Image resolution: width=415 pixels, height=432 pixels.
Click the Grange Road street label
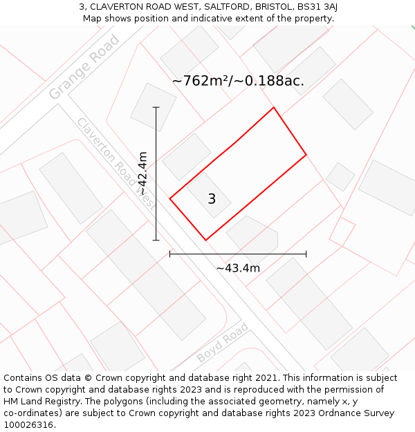pyautogui.click(x=84, y=66)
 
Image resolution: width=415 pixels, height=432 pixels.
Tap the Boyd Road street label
pyautogui.click(x=222, y=343)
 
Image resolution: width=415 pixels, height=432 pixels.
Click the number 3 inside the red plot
pyautogui.click(x=212, y=199)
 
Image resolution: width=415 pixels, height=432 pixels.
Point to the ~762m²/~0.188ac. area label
pyautogui.click(x=238, y=81)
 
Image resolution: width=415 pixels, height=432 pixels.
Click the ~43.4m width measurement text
pyautogui.click(x=238, y=268)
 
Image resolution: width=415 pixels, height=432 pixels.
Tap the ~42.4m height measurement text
pyautogui.click(x=142, y=173)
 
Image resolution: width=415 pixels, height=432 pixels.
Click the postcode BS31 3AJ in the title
pyautogui.click(x=315, y=6)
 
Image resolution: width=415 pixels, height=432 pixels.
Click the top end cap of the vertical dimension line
pyautogui.click(x=156, y=107)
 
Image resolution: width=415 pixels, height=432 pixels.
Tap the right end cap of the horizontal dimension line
pyautogui.click(x=306, y=254)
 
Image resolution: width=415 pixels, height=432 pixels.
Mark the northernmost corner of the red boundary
pyautogui.click(x=274, y=107)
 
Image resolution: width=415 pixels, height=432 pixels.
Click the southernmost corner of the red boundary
pyautogui.click(x=205, y=240)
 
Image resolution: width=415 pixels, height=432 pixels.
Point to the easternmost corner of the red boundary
pyautogui.click(x=306, y=154)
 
